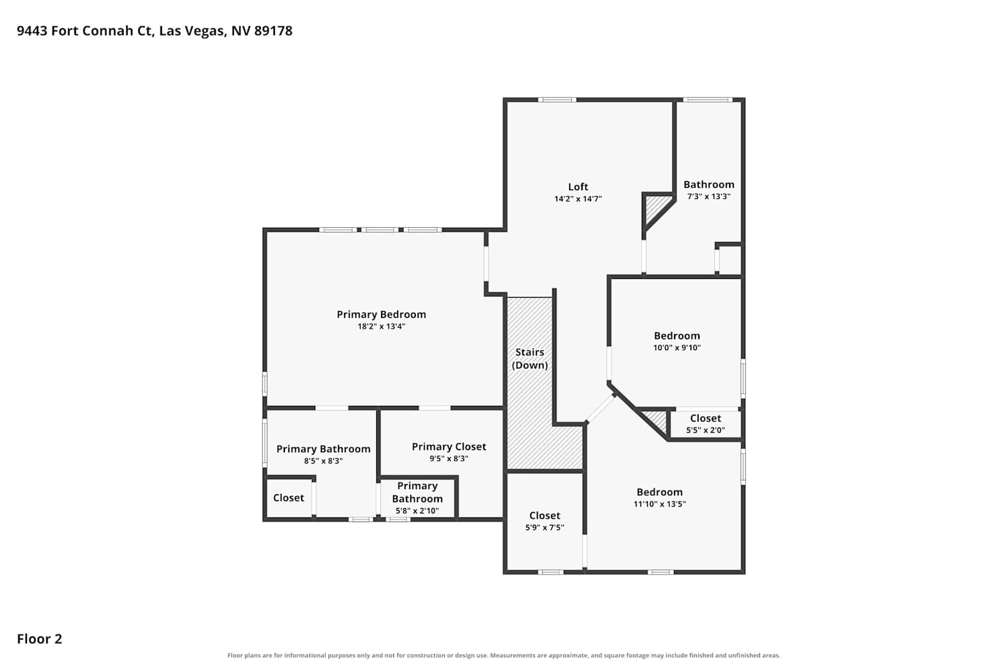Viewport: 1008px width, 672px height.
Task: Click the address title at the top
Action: (155, 31)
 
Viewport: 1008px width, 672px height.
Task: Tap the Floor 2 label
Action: (40, 639)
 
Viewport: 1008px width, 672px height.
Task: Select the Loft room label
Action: (578, 187)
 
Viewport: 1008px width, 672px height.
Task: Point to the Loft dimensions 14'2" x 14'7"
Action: (578, 199)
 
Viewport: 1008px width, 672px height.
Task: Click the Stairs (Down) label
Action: (530, 359)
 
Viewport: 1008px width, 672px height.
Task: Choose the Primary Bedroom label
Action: (381, 314)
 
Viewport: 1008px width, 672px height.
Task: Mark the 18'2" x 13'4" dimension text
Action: (381, 327)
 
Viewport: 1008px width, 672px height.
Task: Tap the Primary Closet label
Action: (449, 447)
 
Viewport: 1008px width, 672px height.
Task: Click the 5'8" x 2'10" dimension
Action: (417, 511)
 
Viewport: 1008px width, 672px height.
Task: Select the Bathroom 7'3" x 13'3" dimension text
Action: (709, 197)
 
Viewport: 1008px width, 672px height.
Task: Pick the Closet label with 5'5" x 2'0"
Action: (705, 419)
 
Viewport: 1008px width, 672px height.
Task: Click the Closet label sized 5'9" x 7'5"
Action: (544, 516)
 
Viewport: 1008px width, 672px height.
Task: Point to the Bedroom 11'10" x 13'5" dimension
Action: (659, 504)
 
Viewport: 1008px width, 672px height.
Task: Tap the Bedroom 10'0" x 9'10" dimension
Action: (677, 348)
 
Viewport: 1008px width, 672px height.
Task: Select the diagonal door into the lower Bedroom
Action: (600, 409)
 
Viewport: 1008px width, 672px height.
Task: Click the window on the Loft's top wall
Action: (557, 100)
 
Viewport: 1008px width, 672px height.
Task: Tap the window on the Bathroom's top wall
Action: (708, 100)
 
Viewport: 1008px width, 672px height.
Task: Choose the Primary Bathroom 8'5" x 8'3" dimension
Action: (323, 462)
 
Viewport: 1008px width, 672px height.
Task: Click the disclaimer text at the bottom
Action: (503, 656)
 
